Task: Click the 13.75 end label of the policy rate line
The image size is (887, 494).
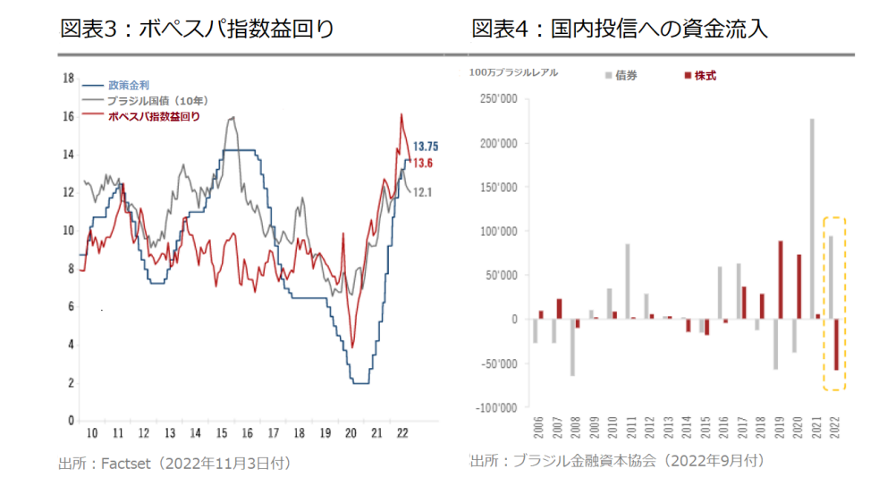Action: click(x=423, y=146)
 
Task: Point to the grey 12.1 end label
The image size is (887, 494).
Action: click(x=422, y=191)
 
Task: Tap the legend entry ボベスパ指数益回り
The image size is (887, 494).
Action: click(x=153, y=116)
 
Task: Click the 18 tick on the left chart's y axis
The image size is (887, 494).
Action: click(x=68, y=79)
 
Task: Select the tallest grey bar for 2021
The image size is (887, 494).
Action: click(x=811, y=218)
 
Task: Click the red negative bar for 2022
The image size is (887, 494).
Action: click(x=836, y=345)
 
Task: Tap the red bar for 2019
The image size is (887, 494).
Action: click(x=781, y=280)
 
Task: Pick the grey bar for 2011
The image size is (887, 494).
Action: click(x=628, y=281)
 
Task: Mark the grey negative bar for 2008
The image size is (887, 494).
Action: click(x=572, y=347)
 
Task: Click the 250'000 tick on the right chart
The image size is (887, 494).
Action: click(x=499, y=99)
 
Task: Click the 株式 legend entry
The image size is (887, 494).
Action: click(x=703, y=76)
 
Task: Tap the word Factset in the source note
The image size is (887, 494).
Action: click(x=130, y=463)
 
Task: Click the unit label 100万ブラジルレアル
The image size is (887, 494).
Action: click(x=512, y=72)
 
